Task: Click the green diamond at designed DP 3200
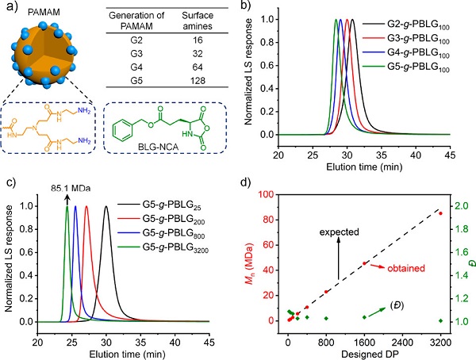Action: point(440,320)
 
